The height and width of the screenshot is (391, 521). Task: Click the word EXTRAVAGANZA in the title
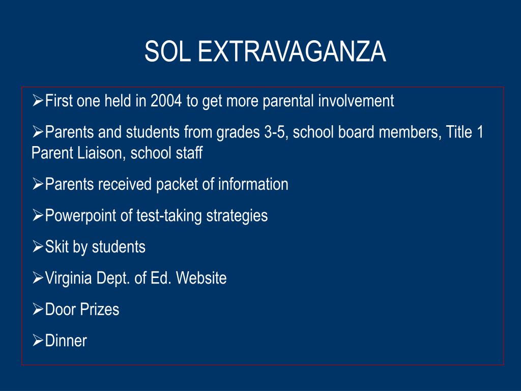coord(292,52)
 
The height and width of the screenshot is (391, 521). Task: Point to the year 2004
coord(166,101)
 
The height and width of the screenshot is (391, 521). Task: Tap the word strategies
coord(237,216)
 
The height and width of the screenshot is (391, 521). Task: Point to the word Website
coord(201,278)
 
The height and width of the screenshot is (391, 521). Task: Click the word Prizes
coord(101,310)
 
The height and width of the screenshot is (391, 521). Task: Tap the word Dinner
coord(66,341)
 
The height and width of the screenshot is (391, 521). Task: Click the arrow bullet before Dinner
coord(37,341)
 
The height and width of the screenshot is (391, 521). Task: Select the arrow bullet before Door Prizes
coord(37,309)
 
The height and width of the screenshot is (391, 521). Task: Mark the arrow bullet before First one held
coord(37,101)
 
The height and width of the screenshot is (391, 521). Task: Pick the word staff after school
coord(188,153)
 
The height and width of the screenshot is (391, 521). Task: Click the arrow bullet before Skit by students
coord(37,247)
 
